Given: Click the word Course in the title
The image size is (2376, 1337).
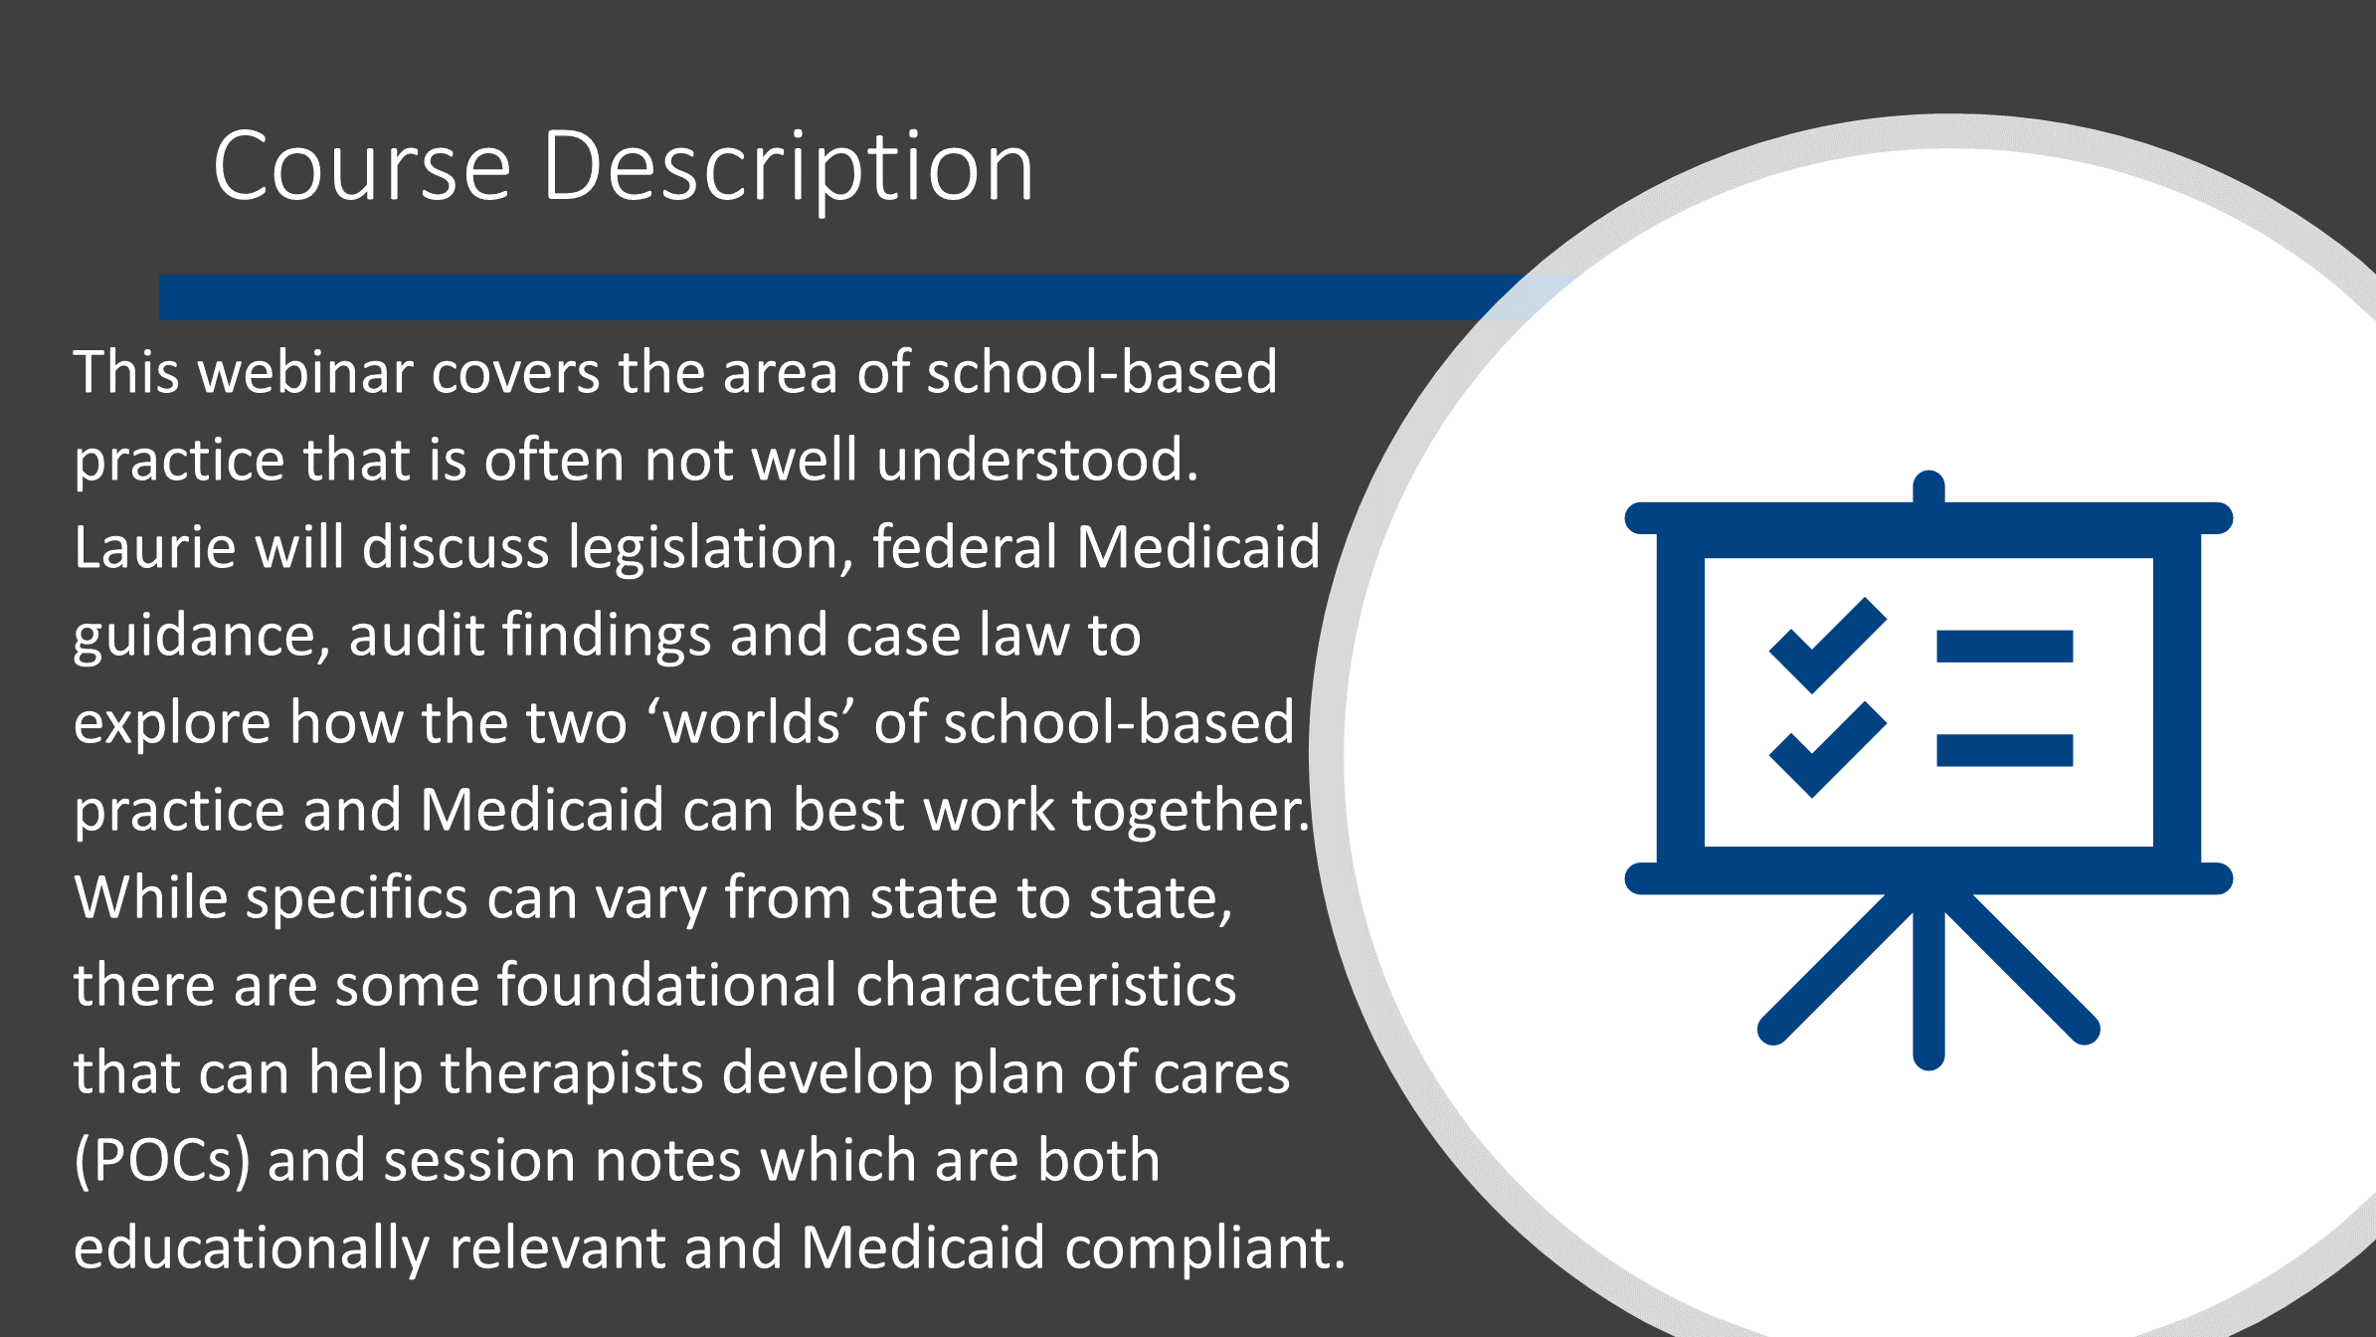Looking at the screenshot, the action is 362,166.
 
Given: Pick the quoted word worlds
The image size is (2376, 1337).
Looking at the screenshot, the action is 752,722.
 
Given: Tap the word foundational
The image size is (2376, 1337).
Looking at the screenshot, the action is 666,985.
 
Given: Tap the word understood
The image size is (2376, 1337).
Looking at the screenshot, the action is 1037,460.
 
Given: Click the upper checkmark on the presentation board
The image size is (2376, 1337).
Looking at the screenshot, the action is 1828,645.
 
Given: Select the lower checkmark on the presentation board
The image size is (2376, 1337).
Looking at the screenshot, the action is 1828,749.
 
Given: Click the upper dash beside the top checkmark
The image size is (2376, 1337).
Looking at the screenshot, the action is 2004,646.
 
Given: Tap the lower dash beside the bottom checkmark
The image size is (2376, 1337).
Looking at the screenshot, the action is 2004,750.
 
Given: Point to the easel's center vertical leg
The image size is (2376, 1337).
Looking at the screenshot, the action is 1928,980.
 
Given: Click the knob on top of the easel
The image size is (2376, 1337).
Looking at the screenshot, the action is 1928,486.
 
